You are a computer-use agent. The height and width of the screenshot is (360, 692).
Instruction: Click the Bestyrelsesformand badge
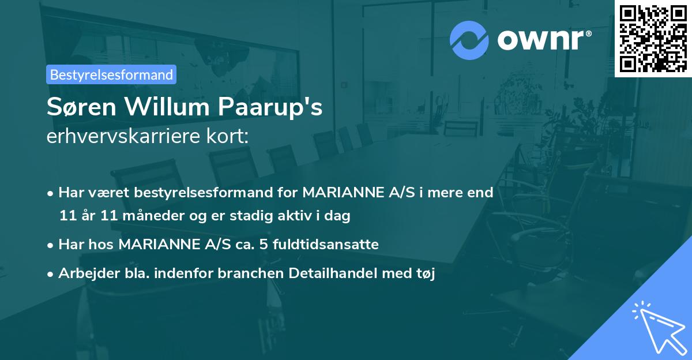pos(111,74)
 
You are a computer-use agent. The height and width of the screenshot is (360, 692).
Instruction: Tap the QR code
pos(653,38)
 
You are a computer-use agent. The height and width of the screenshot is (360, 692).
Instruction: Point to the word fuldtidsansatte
pos(323,245)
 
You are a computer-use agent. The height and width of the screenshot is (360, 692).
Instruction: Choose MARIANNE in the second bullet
pos(160,245)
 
